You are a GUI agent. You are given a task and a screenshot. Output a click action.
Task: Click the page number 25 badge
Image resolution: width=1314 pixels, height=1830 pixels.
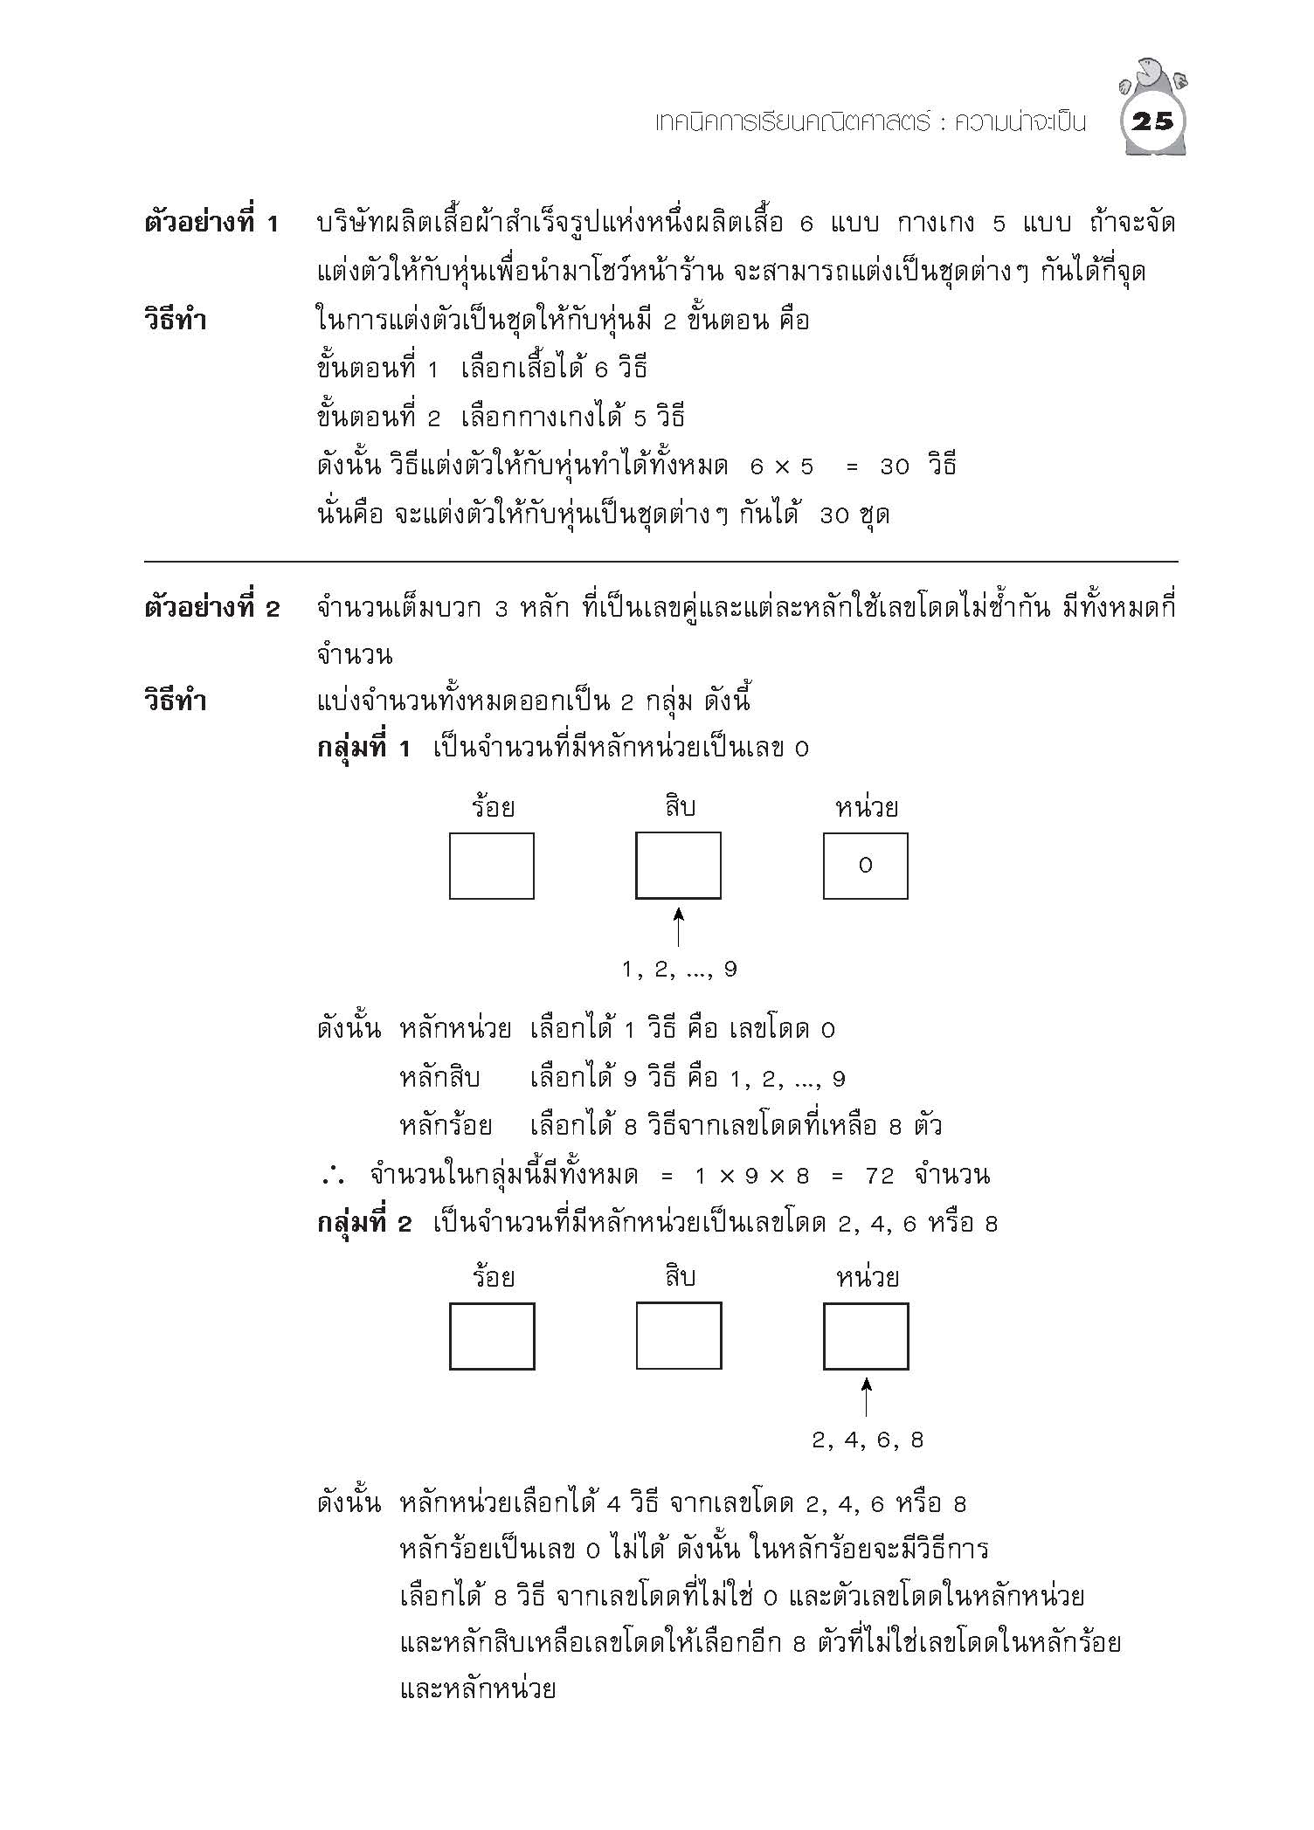pyautogui.click(x=1151, y=122)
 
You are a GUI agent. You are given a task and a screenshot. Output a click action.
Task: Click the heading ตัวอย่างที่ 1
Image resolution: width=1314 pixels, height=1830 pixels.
pyautogui.click(x=211, y=224)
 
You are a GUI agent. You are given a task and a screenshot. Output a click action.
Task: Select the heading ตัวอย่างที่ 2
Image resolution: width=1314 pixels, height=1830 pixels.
pyautogui.click(x=211, y=608)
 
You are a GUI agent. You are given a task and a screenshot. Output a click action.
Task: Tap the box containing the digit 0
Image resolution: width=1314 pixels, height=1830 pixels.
pyautogui.click(x=865, y=866)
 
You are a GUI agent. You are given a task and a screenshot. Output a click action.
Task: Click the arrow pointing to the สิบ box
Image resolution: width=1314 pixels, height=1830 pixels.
pyautogui.click(x=678, y=928)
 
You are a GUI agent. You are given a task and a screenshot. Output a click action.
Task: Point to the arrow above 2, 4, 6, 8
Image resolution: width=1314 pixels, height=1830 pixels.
pyautogui.click(x=866, y=1398)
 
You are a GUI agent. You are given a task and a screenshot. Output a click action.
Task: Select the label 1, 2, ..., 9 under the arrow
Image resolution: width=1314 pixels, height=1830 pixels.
pyautogui.click(x=679, y=969)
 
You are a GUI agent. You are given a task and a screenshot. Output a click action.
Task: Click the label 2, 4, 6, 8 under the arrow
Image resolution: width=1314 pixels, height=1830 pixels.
pyautogui.click(x=867, y=1440)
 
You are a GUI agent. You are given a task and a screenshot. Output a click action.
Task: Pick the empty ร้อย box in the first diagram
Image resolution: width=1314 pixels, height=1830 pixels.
pyautogui.click(x=491, y=866)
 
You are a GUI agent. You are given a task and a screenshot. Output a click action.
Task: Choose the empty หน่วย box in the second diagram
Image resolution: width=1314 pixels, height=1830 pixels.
pyautogui.click(x=865, y=1336)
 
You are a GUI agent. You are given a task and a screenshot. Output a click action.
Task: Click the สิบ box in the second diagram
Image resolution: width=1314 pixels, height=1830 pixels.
pyautogui.click(x=678, y=1336)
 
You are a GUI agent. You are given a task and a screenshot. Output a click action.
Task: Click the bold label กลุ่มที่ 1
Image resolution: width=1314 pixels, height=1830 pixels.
pyautogui.click(x=363, y=749)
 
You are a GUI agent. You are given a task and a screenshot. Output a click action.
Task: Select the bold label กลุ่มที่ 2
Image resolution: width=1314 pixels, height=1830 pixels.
pyautogui.click(x=363, y=1224)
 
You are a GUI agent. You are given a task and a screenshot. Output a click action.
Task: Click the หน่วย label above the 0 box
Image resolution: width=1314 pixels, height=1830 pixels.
pyautogui.click(x=866, y=807)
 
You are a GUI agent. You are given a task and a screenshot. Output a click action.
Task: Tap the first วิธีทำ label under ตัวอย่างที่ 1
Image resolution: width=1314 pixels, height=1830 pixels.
pyautogui.click(x=175, y=321)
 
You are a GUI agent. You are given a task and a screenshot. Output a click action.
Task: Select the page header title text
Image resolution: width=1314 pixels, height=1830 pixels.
pyautogui.click(x=870, y=122)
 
